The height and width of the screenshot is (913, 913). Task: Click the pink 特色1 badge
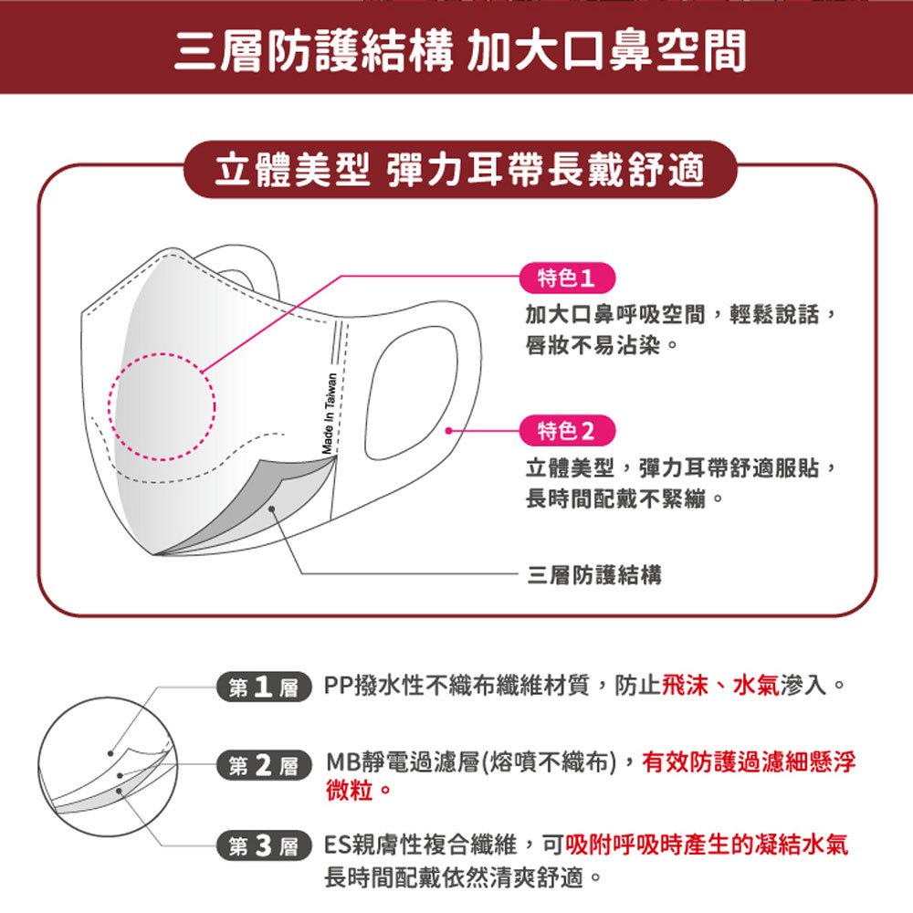(x=567, y=278)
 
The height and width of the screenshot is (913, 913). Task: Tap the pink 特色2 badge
(x=567, y=431)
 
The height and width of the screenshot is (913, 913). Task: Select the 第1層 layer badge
(x=264, y=687)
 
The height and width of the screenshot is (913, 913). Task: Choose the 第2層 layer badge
(x=264, y=765)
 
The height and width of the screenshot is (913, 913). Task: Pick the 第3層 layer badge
(x=264, y=845)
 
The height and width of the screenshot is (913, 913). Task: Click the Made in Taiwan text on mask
(x=329, y=414)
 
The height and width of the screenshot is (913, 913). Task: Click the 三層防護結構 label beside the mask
(x=594, y=575)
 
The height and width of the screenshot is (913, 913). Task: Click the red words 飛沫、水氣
(x=721, y=686)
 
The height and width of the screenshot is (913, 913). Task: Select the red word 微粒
(x=350, y=790)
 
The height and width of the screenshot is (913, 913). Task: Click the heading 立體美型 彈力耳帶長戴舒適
(x=459, y=170)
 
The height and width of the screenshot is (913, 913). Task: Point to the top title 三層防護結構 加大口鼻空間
(x=460, y=50)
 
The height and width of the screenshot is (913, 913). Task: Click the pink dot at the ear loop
(x=448, y=431)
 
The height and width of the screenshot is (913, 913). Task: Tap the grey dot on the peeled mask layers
(x=272, y=509)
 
